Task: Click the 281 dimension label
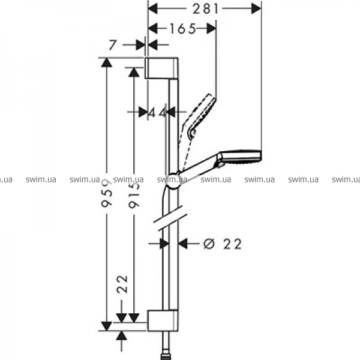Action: tap(205, 9)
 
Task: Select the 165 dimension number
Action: tap(183, 29)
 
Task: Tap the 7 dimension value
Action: tap(113, 45)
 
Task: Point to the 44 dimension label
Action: tap(157, 112)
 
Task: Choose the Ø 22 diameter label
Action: tap(223, 244)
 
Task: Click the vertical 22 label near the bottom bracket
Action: tap(122, 284)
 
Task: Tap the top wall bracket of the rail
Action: tap(161, 68)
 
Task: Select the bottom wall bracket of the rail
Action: tap(163, 320)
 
